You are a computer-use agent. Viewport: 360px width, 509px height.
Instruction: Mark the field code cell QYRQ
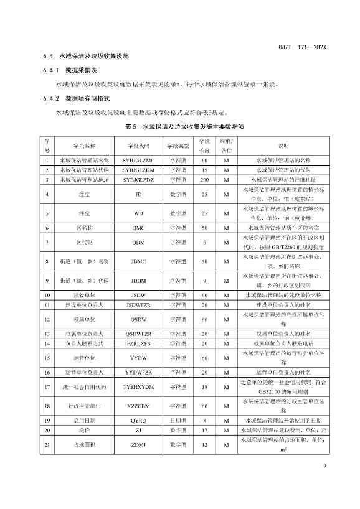coord(138,420)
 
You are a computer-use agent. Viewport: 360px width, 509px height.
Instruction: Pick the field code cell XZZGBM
coord(138,406)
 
